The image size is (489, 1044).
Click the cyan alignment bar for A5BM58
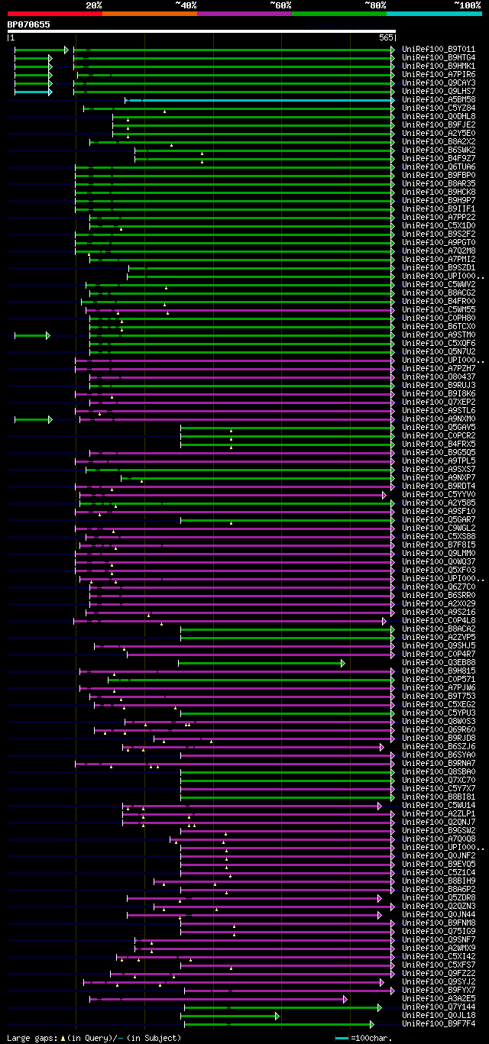(x=260, y=100)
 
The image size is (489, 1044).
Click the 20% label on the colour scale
(x=94, y=5)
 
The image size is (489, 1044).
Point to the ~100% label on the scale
(x=467, y=5)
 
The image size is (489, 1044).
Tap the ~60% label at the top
(x=280, y=5)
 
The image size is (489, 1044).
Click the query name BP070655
(x=29, y=24)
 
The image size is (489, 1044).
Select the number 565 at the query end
(x=385, y=37)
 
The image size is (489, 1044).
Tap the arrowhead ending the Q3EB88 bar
(x=343, y=663)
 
